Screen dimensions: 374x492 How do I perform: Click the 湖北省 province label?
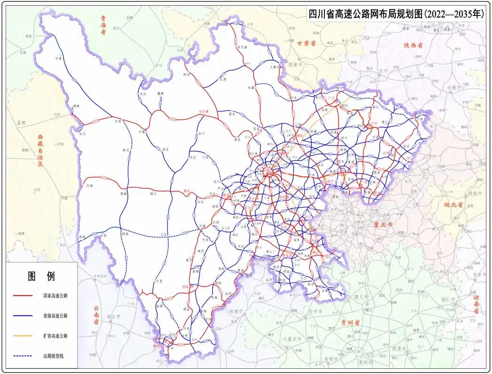coord(454,205)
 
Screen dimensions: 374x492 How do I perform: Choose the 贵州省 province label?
coord(350,323)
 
